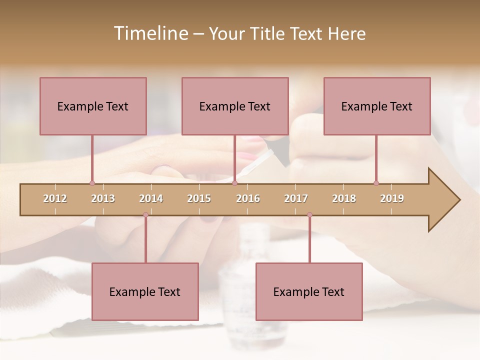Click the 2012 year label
[55, 198]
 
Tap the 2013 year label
[103, 198]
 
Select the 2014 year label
[151, 198]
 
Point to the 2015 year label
[199, 198]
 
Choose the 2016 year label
[248, 198]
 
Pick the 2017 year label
[296, 198]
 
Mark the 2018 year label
[344, 198]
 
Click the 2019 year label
[392, 198]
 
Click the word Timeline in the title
[149, 33]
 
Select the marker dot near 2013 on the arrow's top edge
[92, 183]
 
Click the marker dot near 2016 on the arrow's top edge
[234, 183]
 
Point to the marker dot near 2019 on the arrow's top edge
[376, 183]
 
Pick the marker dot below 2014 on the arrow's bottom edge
[145, 215]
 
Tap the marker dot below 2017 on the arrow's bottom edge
[309, 215]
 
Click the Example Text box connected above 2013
[93, 106]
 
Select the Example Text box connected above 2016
[235, 106]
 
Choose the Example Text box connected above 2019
[377, 106]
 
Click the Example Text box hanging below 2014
[145, 291]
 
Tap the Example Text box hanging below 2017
[309, 291]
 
